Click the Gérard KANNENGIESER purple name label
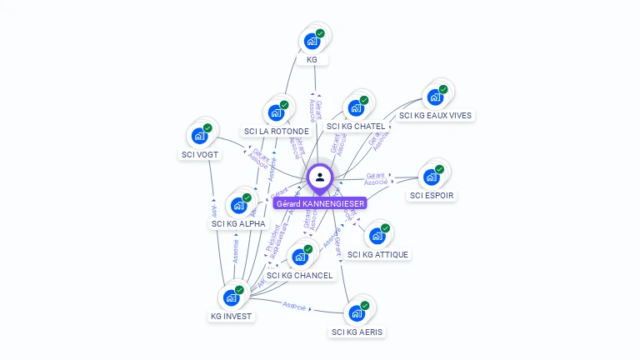point(320,203)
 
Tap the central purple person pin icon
point(320,177)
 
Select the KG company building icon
point(312,41)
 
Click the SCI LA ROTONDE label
point(277,131)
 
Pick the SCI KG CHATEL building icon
point(356,107)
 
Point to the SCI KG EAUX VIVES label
point(435,116)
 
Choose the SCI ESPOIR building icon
point(432,177)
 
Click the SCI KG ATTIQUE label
point(378,254)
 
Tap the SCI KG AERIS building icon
point(357,313)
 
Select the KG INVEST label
point(231,316)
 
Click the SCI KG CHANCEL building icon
point(299,257)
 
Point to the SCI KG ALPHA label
point(238,223)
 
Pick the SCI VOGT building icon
point(199,136)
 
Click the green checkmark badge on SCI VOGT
point(207,128)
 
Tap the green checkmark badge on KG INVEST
point(239,290)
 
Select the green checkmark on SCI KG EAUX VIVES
point(443,89)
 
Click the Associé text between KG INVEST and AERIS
point(295,306)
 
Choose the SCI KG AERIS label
point(358,332)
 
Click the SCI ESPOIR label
point(432,195)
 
